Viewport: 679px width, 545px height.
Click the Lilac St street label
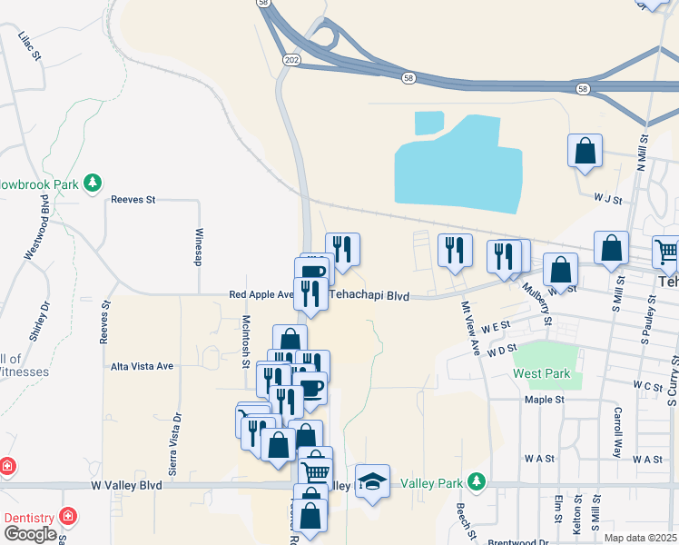tap(31, 45)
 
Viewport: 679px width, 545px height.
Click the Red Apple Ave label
tap(261, 294)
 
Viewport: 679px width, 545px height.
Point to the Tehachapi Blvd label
tap(369, 295)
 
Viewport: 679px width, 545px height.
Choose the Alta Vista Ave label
tap(141, 366)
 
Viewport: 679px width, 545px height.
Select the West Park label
tap(541, 373)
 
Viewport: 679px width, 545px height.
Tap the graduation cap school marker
tap(371, 481)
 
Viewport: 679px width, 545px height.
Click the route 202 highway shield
tap(290, 60)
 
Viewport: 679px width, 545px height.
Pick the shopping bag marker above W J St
tap(586, 151)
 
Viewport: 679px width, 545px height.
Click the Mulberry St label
tap(536, 303)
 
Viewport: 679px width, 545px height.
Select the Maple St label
tap(545, 399)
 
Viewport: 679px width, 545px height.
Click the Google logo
tap(29, 534)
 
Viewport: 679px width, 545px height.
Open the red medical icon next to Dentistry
tap(66, 516)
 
